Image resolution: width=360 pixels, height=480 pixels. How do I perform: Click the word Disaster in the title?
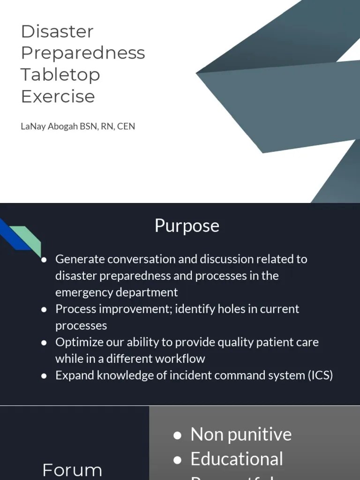pyautogui.click(x=57, y=31)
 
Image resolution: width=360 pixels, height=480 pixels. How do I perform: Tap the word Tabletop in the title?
pyautogui.click(x=60, y=75)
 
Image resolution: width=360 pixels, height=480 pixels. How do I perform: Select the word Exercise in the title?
pyautogui.click(x=58, y=96)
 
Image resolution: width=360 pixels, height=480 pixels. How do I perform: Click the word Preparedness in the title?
pyautogui.click(x=83, y=53)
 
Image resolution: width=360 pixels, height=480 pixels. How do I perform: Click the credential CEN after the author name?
pyautogui.click(x=126, y=126)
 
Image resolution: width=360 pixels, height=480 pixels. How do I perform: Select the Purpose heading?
pyautogui.click(x=187, y=225)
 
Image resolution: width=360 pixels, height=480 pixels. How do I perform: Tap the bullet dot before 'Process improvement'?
pyautogui.click(x=44, y=309)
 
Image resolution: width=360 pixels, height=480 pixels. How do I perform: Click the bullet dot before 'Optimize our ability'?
pyautogui.click(x=44, y=343)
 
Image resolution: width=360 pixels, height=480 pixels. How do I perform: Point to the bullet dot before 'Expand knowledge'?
pyautogui.click(x=44, y=376)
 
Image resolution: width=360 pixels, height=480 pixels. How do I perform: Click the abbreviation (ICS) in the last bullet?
pyautogui.click(x=320, y=375)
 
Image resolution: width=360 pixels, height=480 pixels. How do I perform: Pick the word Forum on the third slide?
pyautogui.click(x=72, y=470)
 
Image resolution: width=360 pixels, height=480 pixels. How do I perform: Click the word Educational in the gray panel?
pyautogui.click(x=237, y=459)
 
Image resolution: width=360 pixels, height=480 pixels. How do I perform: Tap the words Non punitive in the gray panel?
pyautogui.click(x=241, y=435)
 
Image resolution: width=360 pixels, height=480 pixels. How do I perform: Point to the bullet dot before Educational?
pyautogui.click(x=177, y=460)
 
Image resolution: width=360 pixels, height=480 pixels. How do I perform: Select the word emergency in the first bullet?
pyautogui.click(x=84, y=292)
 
